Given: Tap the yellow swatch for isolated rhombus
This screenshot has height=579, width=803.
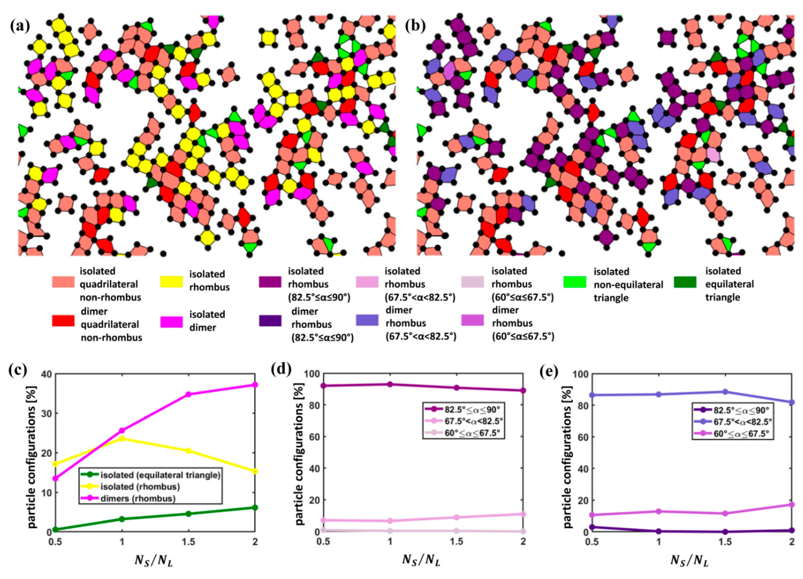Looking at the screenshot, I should click(171, 282).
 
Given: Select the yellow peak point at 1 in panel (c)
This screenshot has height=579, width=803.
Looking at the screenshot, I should click(122, 439).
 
